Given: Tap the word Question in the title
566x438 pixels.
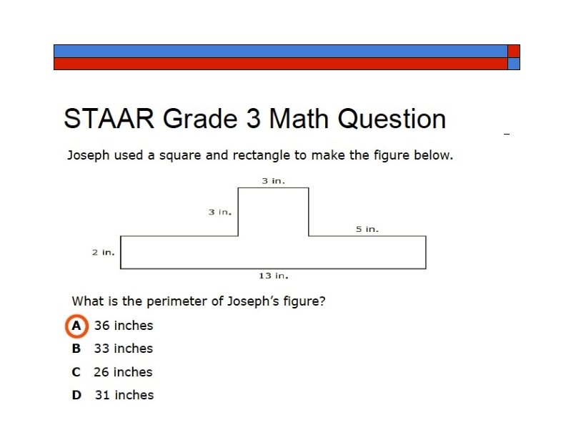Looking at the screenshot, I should (x=392, y=119).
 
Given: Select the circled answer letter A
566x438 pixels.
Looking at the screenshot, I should (x=76, y=326).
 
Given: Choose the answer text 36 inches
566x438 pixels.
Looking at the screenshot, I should (x=124, y=326).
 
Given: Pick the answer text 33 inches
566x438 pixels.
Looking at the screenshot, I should (x=124, y=349).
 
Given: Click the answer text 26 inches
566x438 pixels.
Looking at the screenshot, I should (x=123, y=372).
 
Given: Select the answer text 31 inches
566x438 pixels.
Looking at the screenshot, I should (x=124, y=395).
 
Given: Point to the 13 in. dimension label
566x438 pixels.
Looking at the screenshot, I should (x=274, y=276).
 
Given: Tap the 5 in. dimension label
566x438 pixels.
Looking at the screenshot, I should (x=367, y=229).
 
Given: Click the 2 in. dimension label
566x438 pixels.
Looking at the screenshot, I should (x=103, y=253).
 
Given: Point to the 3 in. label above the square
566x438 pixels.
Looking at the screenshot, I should (x=273, y=181).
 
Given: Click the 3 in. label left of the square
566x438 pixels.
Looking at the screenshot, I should (x=219, y=212).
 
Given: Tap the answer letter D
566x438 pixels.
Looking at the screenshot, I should (x=76, y=395).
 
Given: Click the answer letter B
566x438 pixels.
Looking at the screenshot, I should (x=76, y=349).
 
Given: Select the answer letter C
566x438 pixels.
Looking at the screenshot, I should (x=76, y=372).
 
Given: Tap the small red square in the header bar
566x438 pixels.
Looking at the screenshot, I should (x=514, y=51).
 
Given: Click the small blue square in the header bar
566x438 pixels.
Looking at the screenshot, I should (x=514, y=64).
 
